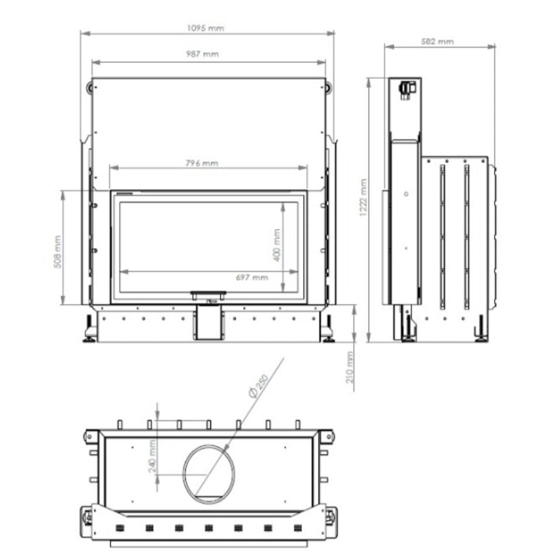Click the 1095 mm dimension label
tap(205, 28)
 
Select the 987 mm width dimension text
tap(202, 54)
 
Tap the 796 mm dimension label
tap(202, 163)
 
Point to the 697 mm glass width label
tap(252, 278)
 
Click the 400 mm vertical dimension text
tap(277, 245)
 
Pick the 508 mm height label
tap(58, 251)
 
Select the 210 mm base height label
tap(349, 367)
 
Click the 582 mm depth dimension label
tap(437, 41)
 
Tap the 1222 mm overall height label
tap(363, 198)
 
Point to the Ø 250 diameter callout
tap(258, 386)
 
